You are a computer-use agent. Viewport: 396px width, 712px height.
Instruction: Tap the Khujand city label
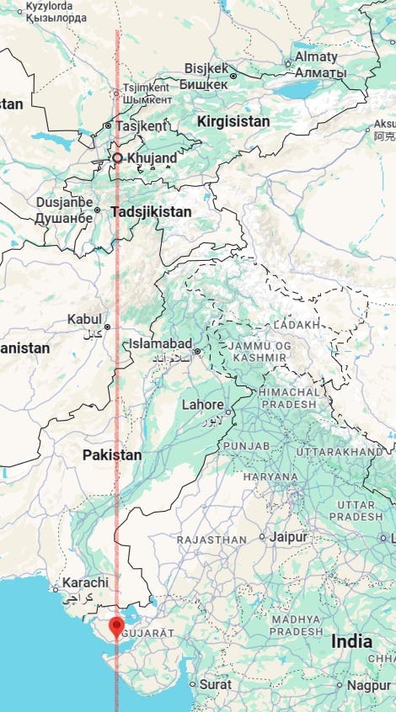point(152,157)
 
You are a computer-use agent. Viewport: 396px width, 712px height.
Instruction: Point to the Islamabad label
point(159,344)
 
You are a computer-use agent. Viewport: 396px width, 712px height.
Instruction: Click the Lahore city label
point(203,405)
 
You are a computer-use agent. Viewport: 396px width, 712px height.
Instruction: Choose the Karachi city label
point(84,582)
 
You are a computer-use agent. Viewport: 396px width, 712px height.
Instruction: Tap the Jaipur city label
point(289,536)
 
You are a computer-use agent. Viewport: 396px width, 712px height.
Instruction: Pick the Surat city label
point(215,684)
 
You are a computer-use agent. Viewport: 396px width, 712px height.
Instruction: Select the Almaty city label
point(315,58)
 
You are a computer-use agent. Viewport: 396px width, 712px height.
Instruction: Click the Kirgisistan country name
point(233,121)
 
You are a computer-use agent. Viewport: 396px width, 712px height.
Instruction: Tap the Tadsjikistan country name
point(152,212)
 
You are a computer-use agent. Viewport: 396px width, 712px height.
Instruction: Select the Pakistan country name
point(112,454)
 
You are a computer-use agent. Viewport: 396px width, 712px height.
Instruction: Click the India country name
point(351,641)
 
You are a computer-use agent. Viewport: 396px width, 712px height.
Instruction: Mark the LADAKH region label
point(297,324)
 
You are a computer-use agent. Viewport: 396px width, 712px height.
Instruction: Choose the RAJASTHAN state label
point(211,539)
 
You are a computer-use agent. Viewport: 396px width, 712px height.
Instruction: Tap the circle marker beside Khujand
point(117,157)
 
